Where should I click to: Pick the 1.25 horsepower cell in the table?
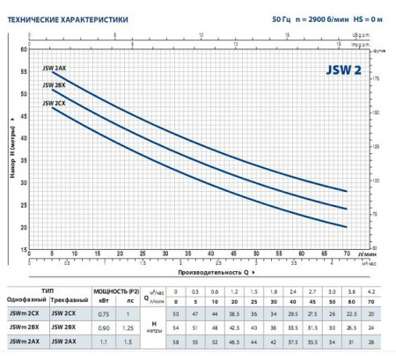click(x=128, y=328)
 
